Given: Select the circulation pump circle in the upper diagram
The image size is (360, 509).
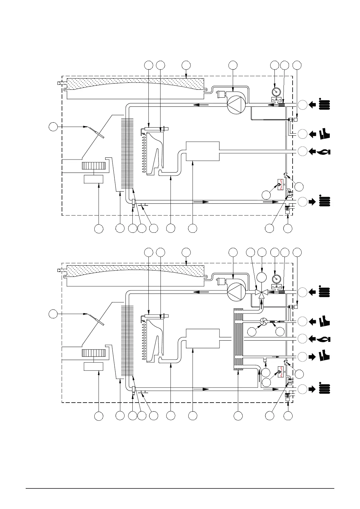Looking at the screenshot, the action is coord(237,105).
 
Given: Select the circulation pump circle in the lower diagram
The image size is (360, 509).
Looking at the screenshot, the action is coord(237,292).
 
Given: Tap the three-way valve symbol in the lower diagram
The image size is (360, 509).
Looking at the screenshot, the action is coord(262,293).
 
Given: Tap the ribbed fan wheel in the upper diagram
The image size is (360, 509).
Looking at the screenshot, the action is coord(94,166).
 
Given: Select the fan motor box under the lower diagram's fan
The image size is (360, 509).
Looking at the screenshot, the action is coord(94,366).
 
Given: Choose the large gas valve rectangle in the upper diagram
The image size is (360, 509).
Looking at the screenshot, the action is coord(202,151).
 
